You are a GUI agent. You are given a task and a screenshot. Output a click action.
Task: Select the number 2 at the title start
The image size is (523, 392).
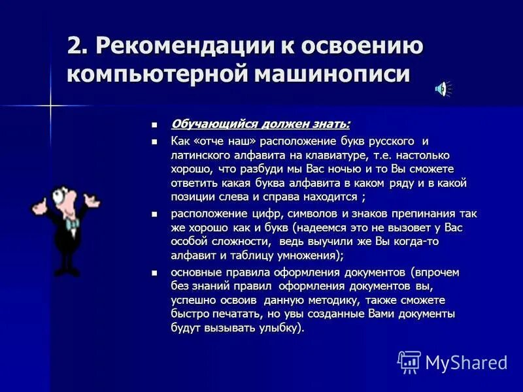76,46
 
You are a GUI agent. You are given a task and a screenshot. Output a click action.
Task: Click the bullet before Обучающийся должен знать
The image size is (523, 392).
155,124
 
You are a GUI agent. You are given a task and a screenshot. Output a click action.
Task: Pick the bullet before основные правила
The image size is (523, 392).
155,272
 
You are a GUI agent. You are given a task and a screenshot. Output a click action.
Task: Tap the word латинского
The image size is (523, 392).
201,155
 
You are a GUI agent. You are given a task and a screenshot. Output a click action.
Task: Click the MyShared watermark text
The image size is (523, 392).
466,363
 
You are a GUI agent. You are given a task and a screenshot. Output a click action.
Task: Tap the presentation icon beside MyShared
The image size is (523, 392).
409,362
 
